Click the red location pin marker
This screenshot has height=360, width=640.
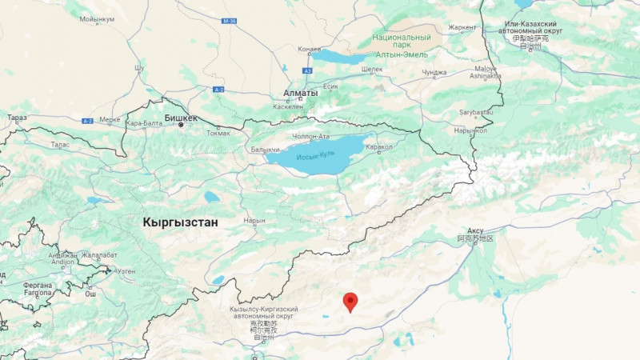click(x=350, y=302)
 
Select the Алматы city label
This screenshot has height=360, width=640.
click(x=301, y=93)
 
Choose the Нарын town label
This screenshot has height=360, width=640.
click(x=254, y=220)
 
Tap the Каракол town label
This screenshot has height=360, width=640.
click(x=378, y=147)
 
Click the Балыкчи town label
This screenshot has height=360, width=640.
click(x=265, y=150)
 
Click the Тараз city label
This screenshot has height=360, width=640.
click(x=17, y=118)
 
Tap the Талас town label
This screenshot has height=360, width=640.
click(x=60, y=145)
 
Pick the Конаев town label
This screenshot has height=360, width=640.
click(x=309, y=49)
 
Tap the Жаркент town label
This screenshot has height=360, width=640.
click(x=462, y=27)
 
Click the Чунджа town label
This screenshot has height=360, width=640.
click(x=434, y=72)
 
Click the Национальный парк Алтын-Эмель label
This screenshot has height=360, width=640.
click(x=402, y=46)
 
